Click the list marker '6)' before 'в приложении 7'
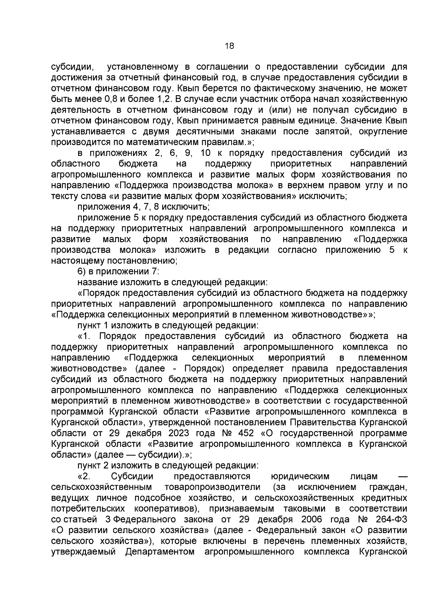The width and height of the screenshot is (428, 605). click(x=82, y=271)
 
